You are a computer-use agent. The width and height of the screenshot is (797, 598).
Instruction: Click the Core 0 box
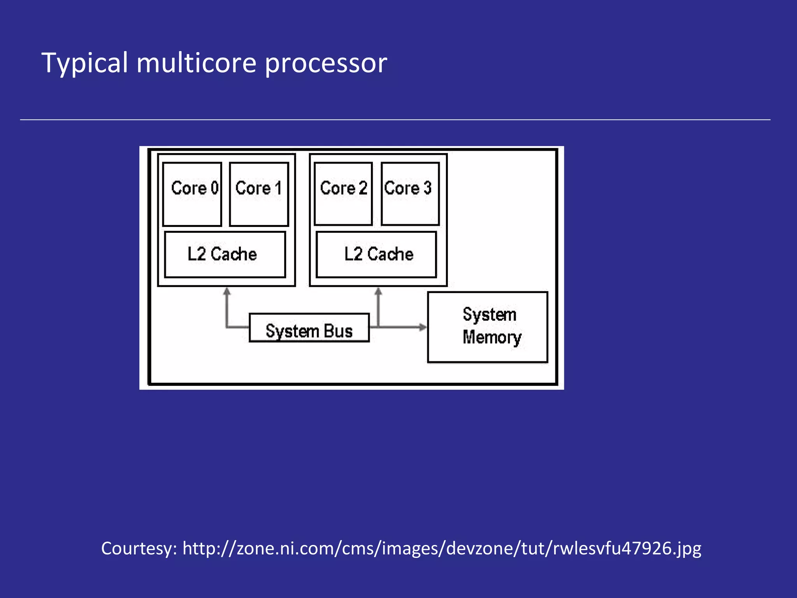coord(192,194)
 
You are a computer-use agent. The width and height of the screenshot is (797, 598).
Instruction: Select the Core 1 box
coord(259,194)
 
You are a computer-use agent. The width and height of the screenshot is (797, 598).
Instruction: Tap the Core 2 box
coord(343,194)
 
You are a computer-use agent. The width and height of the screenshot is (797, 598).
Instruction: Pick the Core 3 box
coord(410,194)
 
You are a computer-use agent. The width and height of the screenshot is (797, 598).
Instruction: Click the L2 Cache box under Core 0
coord(225,255)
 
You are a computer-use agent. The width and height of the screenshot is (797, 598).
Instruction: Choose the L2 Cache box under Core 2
coord(376,255)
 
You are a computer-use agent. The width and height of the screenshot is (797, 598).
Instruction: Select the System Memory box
coord(488,327)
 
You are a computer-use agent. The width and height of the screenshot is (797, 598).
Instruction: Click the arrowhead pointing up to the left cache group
coord(227,291)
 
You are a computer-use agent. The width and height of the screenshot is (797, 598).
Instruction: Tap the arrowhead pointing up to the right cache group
coord(378,291)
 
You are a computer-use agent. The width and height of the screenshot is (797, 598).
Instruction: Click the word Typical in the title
coord(84,63)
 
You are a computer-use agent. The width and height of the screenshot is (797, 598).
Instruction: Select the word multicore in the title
coord(196,63)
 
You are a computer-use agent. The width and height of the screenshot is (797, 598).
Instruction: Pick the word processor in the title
coord(326,63)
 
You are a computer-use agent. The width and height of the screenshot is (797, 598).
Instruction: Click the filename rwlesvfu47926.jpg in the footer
coord(627,549)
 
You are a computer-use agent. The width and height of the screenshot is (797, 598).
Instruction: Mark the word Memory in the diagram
coord(492,338)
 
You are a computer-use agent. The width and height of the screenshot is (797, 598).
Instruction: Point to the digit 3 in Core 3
coord(427,188)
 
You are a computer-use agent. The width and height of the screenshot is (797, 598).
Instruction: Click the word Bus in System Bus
coord(338,331)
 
